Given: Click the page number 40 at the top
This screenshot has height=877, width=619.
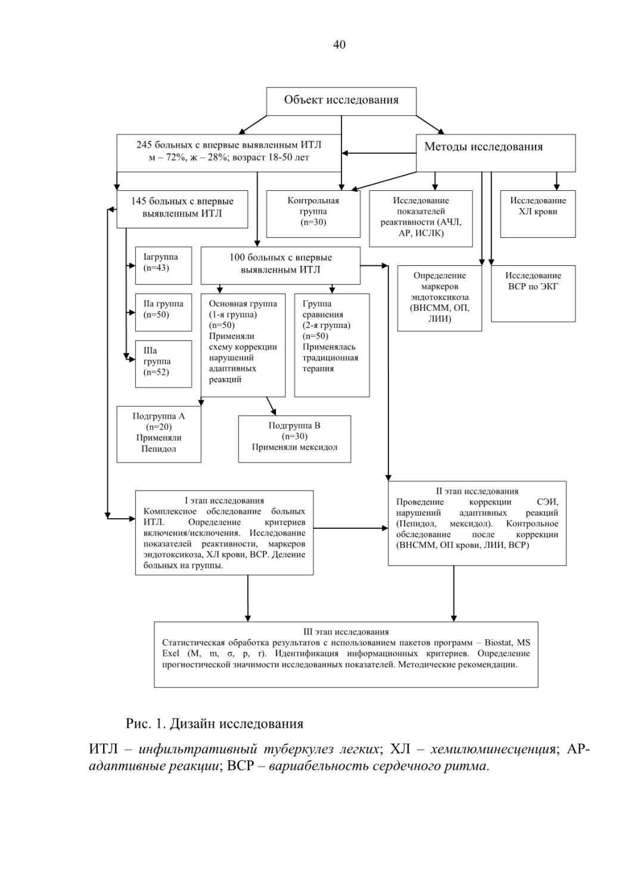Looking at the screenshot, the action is point(339,45).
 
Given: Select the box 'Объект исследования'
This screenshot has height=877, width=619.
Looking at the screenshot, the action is point(341,101).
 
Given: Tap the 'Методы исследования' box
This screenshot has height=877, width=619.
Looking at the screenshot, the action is point(495,153).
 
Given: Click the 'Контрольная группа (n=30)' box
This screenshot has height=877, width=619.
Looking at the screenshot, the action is point(313,214).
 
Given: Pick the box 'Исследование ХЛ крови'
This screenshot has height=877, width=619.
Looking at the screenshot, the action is point(537,214).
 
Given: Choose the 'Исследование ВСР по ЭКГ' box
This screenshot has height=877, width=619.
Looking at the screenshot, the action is point(533,294).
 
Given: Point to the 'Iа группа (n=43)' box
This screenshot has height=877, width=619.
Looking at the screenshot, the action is point(163,265).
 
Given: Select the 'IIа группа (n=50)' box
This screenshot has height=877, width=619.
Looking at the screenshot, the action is point(163,312).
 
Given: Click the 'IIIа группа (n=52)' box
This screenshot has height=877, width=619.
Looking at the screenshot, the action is point(163,364).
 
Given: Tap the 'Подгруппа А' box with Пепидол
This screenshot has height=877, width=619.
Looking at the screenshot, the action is point(158,434).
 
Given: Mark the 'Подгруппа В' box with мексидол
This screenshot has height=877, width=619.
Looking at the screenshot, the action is point(294,439).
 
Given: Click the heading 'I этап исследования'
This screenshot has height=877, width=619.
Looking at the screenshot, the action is point(224,500).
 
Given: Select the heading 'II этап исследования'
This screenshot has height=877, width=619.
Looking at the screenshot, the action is point(477,491).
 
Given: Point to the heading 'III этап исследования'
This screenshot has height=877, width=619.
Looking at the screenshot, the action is point(346,632).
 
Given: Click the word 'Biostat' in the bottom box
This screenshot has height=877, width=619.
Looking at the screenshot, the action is point(499,643).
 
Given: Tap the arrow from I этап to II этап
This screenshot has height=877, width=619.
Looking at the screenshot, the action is point(350,528).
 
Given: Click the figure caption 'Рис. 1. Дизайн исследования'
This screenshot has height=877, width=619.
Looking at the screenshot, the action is point(214,724).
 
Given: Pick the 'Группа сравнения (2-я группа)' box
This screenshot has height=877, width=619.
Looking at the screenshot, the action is point(332,345).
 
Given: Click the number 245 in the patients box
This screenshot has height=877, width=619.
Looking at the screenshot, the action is point(144,145).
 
